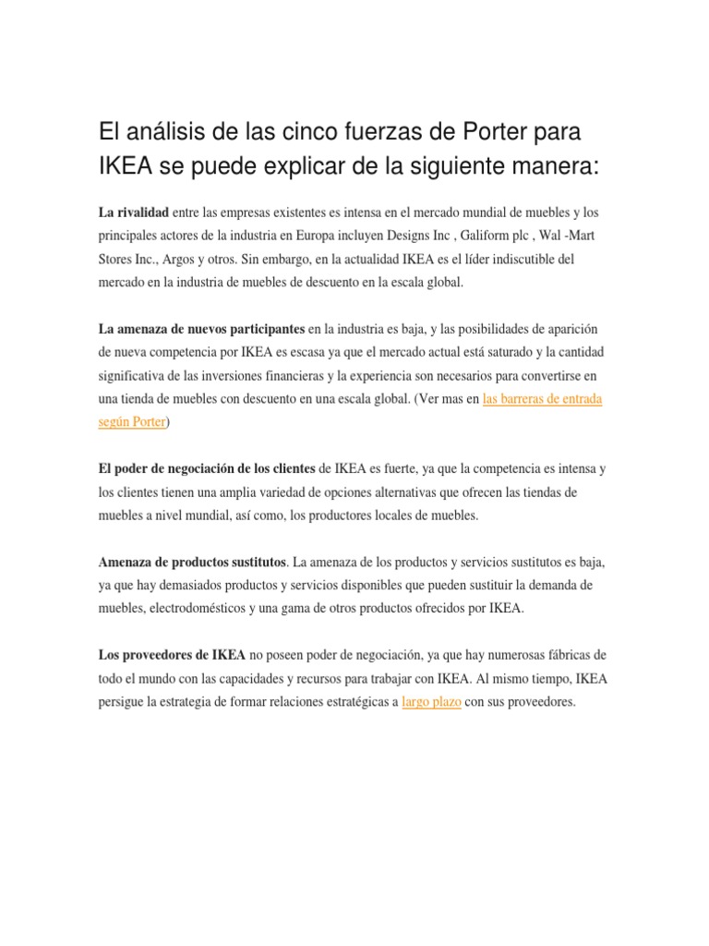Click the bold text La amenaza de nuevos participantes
pos(201,329)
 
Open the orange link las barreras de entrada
pos(543,398)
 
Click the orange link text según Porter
pos(132,421)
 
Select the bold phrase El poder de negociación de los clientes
pos(208,468)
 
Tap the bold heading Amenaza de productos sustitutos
pos(193,562)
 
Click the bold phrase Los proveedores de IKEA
pos(172,655)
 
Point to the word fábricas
pos(568,655)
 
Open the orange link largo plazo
pos(432,701)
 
